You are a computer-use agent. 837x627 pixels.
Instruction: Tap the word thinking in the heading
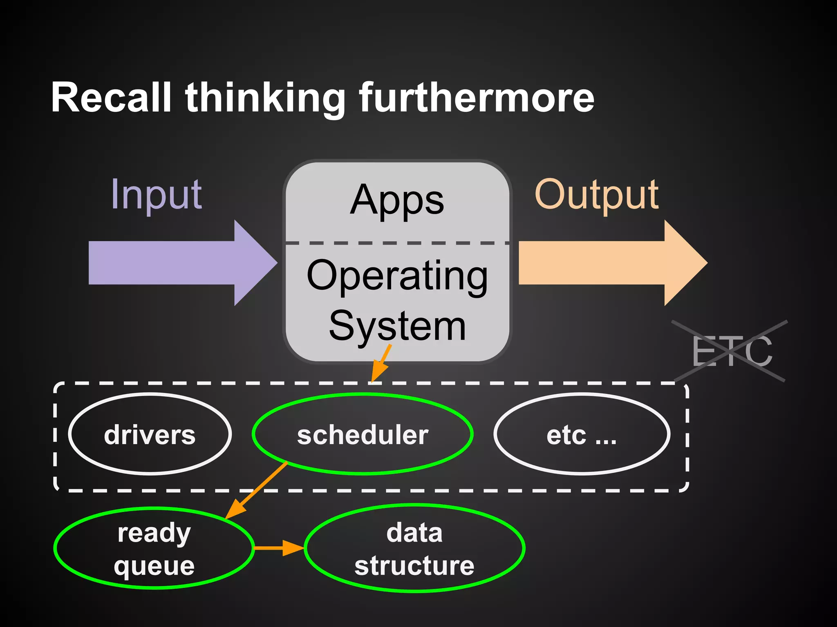266,98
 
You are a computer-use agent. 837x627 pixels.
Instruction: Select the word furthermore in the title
476,98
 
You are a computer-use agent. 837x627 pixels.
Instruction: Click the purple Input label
156,195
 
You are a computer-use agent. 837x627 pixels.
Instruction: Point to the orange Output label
597,195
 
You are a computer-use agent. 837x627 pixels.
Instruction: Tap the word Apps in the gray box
397,200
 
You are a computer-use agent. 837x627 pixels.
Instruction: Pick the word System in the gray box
397,326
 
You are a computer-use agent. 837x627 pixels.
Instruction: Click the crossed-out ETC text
732,351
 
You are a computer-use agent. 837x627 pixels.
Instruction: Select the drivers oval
150,434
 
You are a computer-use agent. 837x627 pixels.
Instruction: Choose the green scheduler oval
363,434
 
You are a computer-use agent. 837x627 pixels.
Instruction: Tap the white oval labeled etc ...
582,434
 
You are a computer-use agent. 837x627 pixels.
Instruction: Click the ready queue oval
154,548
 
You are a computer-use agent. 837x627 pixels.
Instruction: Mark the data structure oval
414,548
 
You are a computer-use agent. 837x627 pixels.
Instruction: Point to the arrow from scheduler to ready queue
257,490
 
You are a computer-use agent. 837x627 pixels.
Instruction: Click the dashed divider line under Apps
397,243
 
